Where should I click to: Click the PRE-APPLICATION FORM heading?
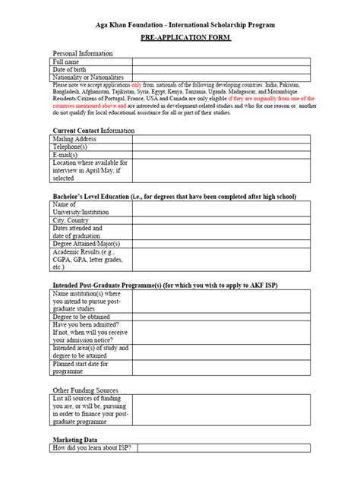click(x=179, y=38)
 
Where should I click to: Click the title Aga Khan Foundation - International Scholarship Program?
click(x=179, y=23)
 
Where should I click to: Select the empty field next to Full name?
click(x=220, y=62)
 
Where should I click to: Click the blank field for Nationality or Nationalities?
click(x=220, y=78)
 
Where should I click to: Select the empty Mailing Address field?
click(x=220, y=139)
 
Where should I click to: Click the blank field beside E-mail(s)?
click(x=220, y=156)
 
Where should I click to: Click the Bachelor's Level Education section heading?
click(x=173, y=197)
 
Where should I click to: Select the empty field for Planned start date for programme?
click(x=220, y=368)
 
